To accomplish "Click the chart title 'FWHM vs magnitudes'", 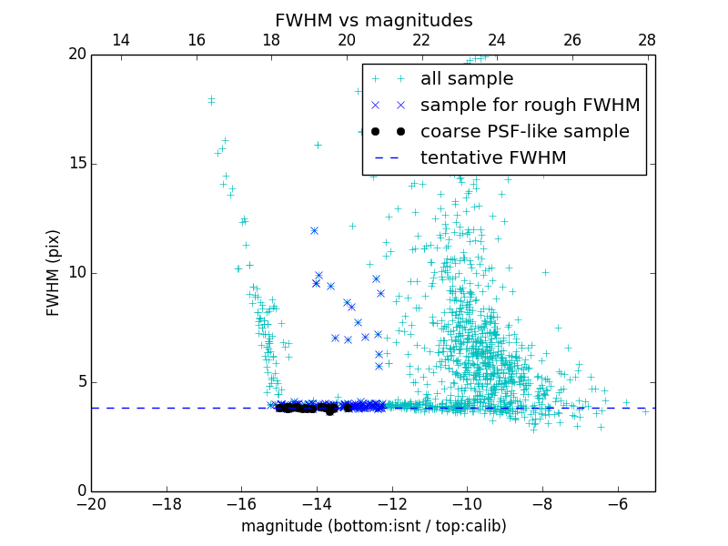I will click(x=373, y=20).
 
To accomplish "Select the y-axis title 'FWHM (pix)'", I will click(x=54, y=272).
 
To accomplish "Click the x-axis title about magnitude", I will click(x=373, y=526).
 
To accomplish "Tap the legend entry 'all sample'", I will click(x=467, y=79).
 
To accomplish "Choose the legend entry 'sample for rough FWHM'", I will click(x=530, y=106).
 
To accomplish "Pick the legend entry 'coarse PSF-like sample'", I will click(x=524, y=132).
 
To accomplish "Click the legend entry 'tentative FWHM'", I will click(x=493, y=158).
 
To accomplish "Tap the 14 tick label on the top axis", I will click(x=120, y=40).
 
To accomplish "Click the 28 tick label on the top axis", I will click(x=647, y=40).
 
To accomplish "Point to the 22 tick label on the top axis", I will click(x=421, y=40).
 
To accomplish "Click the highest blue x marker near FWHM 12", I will click(x=314, y=230).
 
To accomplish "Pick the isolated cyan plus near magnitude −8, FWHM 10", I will click(x=545, y=272).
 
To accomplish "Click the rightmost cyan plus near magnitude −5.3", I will click(x=645, y=411).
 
